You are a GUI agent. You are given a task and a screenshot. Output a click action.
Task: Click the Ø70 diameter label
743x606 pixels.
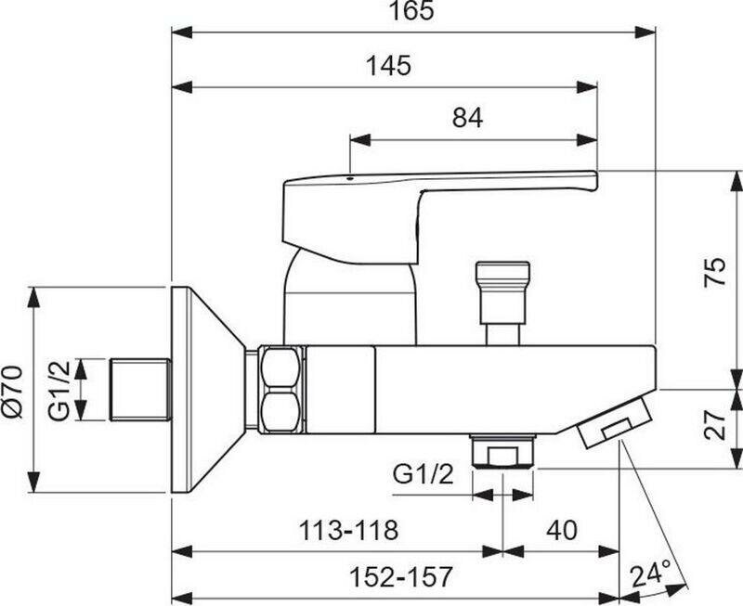coord(13,391)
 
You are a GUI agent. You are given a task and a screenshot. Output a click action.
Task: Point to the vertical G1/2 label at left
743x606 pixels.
coord(59,391)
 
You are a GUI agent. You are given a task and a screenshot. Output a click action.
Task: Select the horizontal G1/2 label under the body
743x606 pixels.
coord(424,473)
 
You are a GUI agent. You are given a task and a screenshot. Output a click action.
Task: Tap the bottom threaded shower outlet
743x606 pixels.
coord(502,453)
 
